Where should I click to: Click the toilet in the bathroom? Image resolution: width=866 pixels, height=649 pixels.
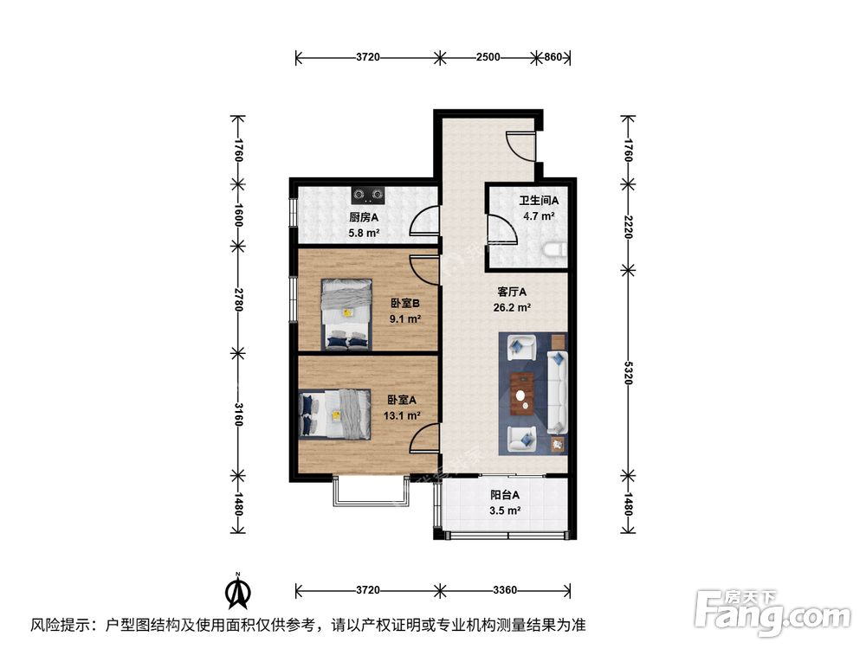[555, 251]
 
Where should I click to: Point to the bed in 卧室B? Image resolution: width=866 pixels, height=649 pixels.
[346, 312]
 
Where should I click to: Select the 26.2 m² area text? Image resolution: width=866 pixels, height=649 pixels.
[514, 306]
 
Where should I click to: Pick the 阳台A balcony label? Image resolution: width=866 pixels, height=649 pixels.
[505, 496]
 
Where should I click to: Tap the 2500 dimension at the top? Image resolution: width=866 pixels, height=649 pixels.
[488, 57]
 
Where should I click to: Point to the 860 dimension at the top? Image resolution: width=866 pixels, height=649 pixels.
[553, 57]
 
